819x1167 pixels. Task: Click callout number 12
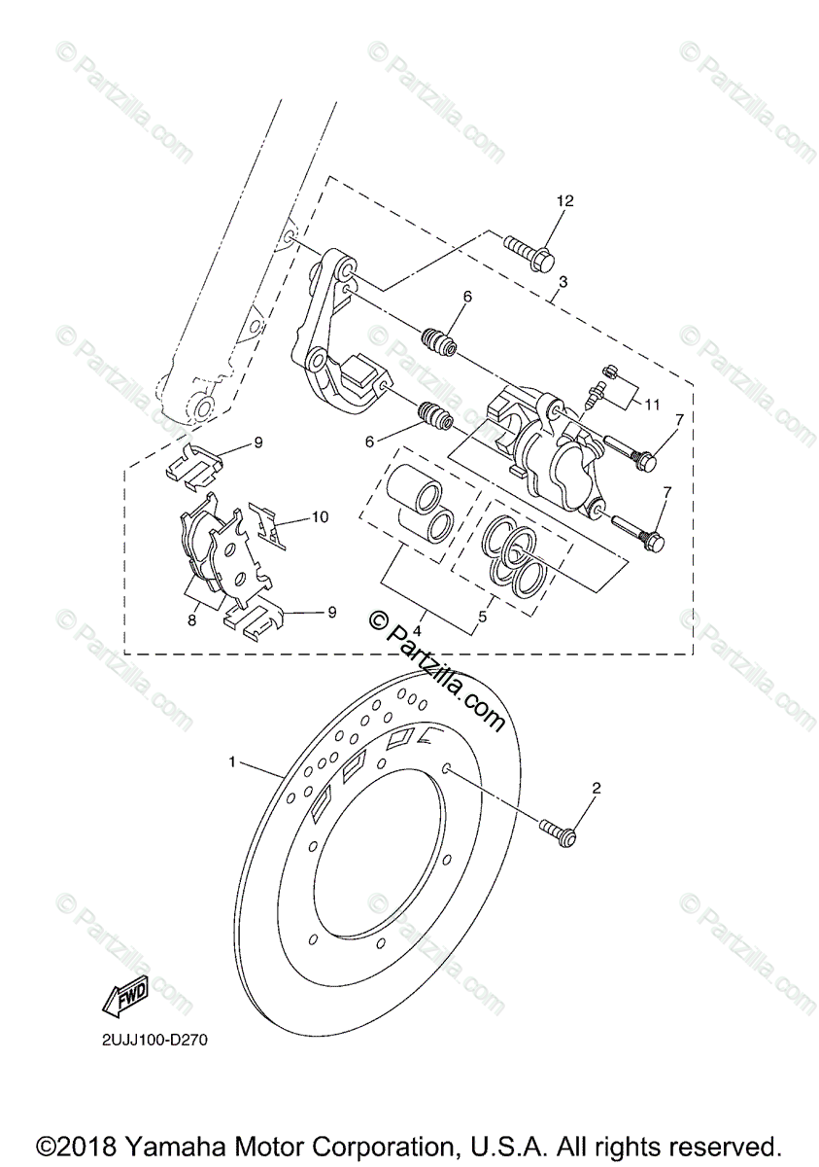pyautogui.click(x=565, y=201)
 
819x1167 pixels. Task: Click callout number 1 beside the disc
pyautogui.click(x=231, y=763)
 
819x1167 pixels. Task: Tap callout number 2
pyautogui.click(x=597, y=790)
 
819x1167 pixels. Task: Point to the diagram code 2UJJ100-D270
pyautogui.click(x=154, y=1040)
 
